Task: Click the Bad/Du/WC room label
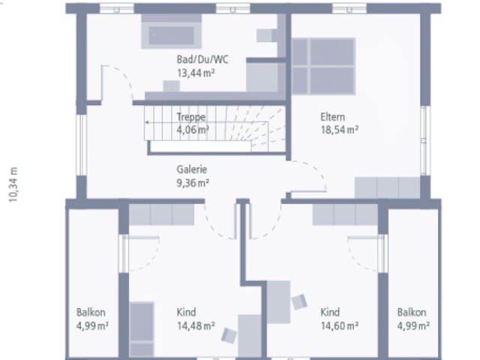pyautogui.click(x=202, y=59)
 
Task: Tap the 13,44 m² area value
pyautogui.click(x=196, y=73)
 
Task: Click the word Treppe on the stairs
pyautogui.click(x=190, y=117)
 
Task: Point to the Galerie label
pyautogui.click(x=192, y=169)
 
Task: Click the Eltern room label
pyautogui.click(x=332, y=117)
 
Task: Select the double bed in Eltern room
pyautogui.click(x=323, y=66)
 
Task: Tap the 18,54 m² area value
pyautogui.click(x=339, y=130)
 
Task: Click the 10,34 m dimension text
pyautogui.click(x=13, y=184)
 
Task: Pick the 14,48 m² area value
pyautogui.click(x=196, y=325)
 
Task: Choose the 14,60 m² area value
pyautogui.click(x=339, y=325)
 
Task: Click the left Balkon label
pyautogui.click(x=91, y=312)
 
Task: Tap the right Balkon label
pyautogui.click(x=412, y=312)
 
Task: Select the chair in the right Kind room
pyautogui.click(x=299, y=301)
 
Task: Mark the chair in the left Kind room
pyautogui.click(x=229, y=335)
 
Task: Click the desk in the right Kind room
pyautogui.click(x=278, y=302)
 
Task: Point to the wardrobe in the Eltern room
pyautogui.click(x=387, y=187)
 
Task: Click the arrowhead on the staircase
pyautogui.click(x=147, y=122)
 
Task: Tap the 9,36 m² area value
pyautogui.click(x=193, y=183)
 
